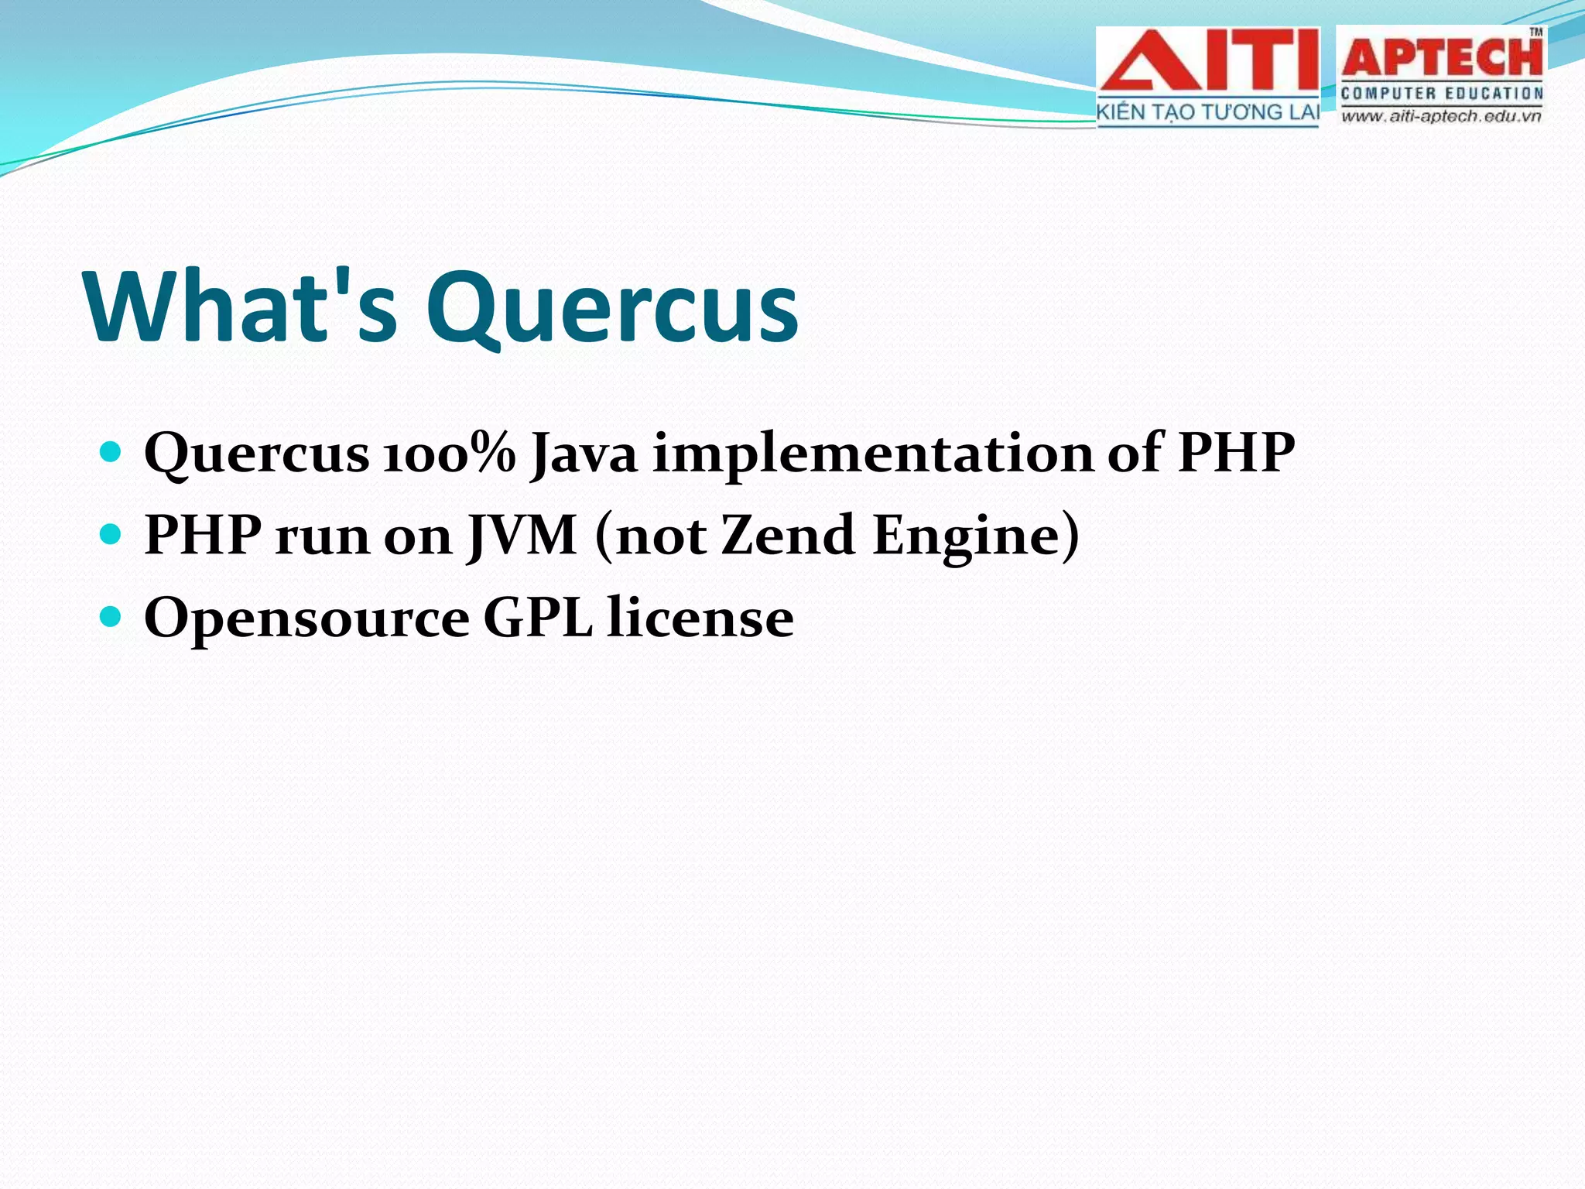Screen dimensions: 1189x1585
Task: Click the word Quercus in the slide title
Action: coord(611,310)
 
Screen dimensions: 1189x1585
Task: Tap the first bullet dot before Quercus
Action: coord(111,451)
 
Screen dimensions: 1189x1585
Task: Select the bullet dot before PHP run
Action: coord(111,534)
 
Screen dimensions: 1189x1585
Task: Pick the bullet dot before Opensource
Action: coord(111,616)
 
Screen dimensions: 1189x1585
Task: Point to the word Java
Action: coord(584,454)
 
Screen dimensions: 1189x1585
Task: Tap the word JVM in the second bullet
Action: coord(522,536)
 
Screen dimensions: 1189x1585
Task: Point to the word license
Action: coord(700,618)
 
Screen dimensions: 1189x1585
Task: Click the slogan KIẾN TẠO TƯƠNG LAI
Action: coord(1207,113)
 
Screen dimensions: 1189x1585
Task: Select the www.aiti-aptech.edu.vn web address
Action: coord(1441,117)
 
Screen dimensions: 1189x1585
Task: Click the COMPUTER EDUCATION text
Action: coord(1442,94)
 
